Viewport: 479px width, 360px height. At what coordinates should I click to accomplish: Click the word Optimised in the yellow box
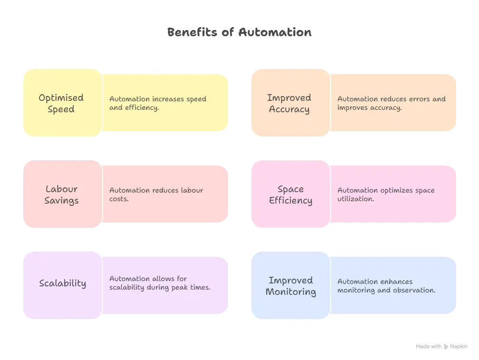pos(61,97)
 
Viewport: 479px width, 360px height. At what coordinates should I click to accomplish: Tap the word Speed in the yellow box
pos(61,109)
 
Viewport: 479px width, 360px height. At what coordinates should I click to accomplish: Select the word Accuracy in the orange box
pos(289,109)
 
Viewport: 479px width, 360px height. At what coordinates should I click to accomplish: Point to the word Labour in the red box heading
pos(61,189)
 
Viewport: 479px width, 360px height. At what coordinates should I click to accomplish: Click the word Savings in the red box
pos(61,200)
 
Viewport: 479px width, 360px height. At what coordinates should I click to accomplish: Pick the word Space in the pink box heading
pos(290,189)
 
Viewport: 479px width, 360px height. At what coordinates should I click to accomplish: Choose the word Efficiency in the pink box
pos(290,200)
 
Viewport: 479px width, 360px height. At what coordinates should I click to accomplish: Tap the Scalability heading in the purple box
pos(62,283)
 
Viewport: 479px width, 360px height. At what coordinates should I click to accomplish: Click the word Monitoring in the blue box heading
pos(290,292)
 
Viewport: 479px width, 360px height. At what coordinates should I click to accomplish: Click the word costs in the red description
pos(119,199)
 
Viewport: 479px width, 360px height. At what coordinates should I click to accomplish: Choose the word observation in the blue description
pos(413,290)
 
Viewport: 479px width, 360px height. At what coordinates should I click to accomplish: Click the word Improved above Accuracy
pos(289,97)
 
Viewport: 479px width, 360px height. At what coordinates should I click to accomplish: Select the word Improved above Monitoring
pos(290,280)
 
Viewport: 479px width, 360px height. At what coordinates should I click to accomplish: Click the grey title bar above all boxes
pos(239,32)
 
